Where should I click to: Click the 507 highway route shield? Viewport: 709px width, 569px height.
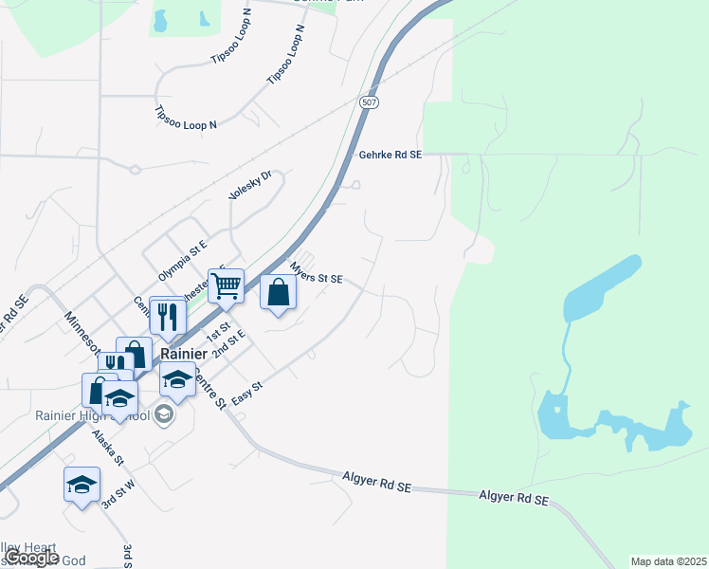tap(370, 101)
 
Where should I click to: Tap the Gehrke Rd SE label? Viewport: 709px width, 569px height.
tap(390, 155)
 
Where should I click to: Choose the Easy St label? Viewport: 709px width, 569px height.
tap(245, 393)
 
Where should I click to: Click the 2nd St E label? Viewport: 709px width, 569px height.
tap(228, 343)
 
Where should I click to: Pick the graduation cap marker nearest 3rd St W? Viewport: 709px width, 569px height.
tap(82, 485)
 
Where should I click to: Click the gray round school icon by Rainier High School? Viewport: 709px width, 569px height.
tap(164, 414)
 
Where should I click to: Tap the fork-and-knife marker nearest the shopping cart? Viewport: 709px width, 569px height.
tap(168, 315)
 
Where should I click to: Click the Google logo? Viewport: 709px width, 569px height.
tap(32, 558)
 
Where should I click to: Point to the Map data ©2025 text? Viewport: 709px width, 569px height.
tap(668, 561)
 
